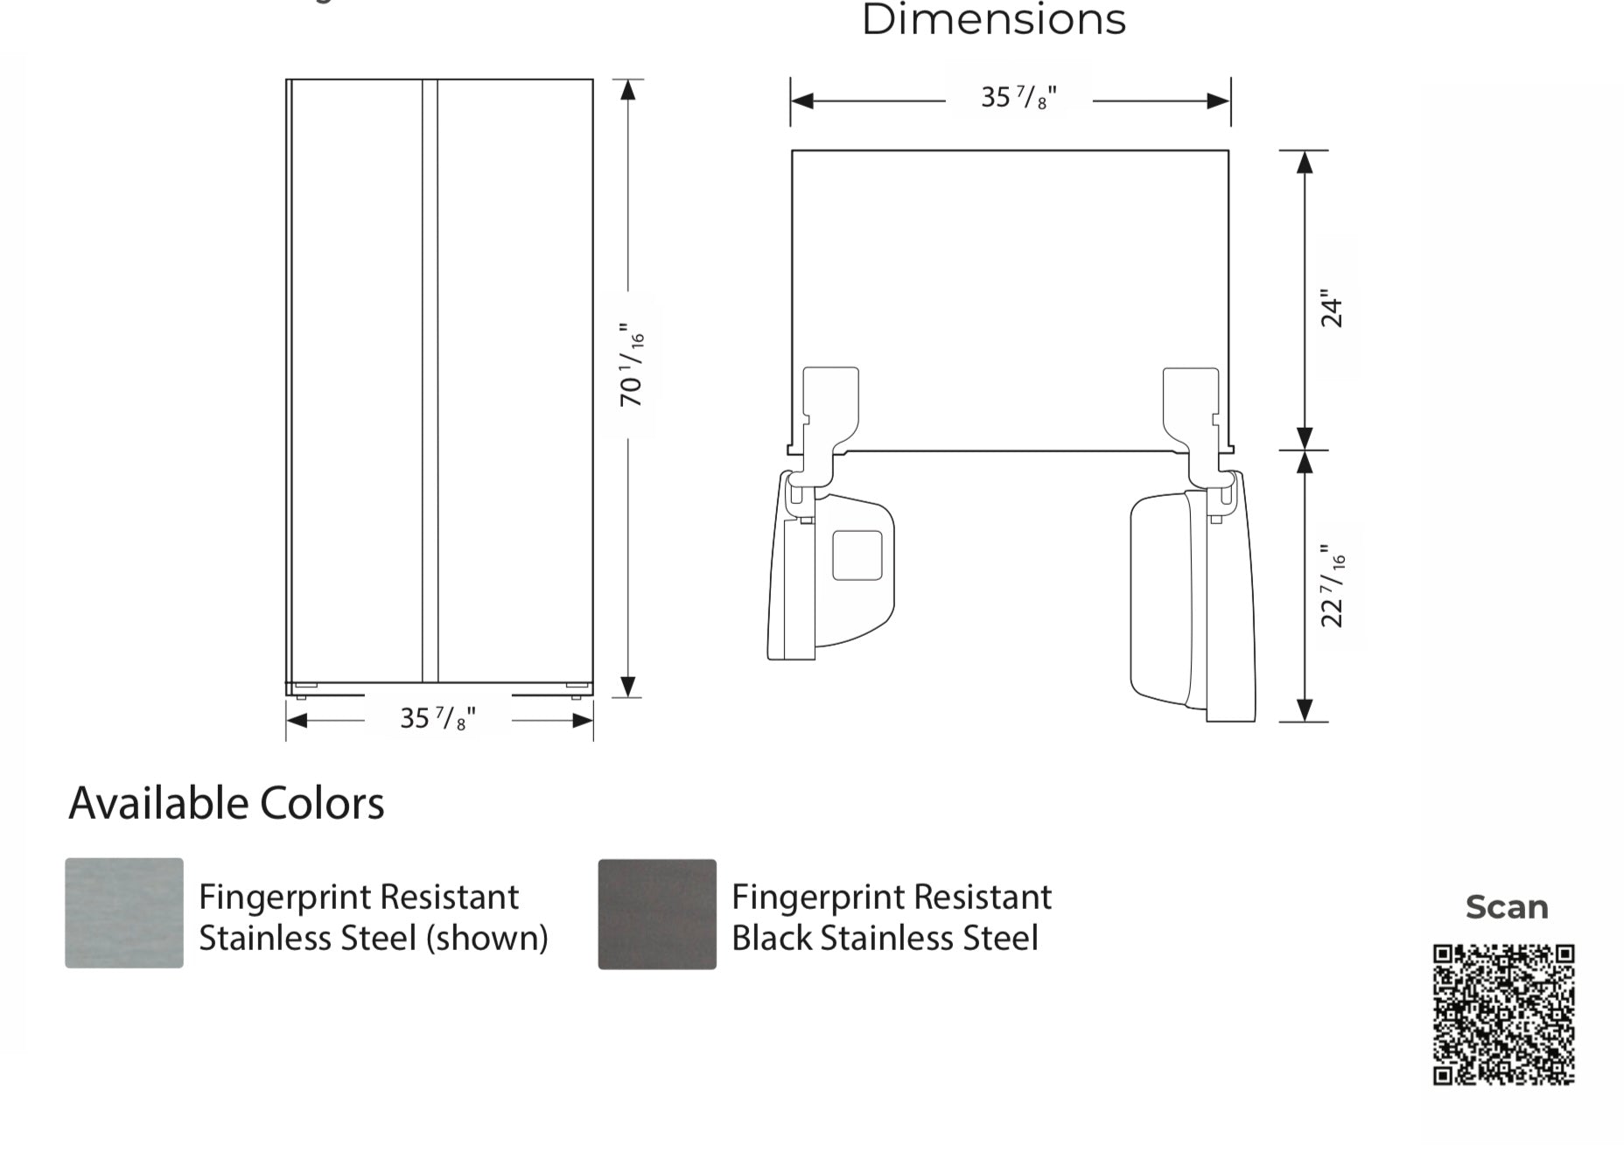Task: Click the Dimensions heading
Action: pyautogui.click(x=994, y=19)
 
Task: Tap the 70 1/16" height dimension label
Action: pyautogui.click(x=632, y=365)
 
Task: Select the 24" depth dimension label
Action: pyautogui.click(x=1331, y=309)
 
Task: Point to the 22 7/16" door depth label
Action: pyautogui.click(x=1333, y=586)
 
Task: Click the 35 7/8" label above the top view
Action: pyautogui.click(x=1019, y=96)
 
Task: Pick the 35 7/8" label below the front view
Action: pyautogui.click(x=438, y=718)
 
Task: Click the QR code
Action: pyautogui.click(x=1503, y=1015)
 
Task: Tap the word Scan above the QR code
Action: pyautogui.click(x=1507, y=907)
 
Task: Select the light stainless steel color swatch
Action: pyautogui.click(x=124, y=913)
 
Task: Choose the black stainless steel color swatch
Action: pyautogui.click(x=657, y=914)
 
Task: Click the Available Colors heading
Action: pyautogui.click(x=227, y=803)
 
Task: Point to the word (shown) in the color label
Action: pyautogui.click(x=487, y=939)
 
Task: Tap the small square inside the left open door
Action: pyautogui.click(x=857, y=556)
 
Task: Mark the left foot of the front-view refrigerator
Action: pyautogui.click(x=301, y=691)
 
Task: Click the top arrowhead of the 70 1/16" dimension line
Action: pyautogui.click(x=627, y=89)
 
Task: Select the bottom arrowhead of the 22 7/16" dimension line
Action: pyautogui.click(x=1304, y=711)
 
